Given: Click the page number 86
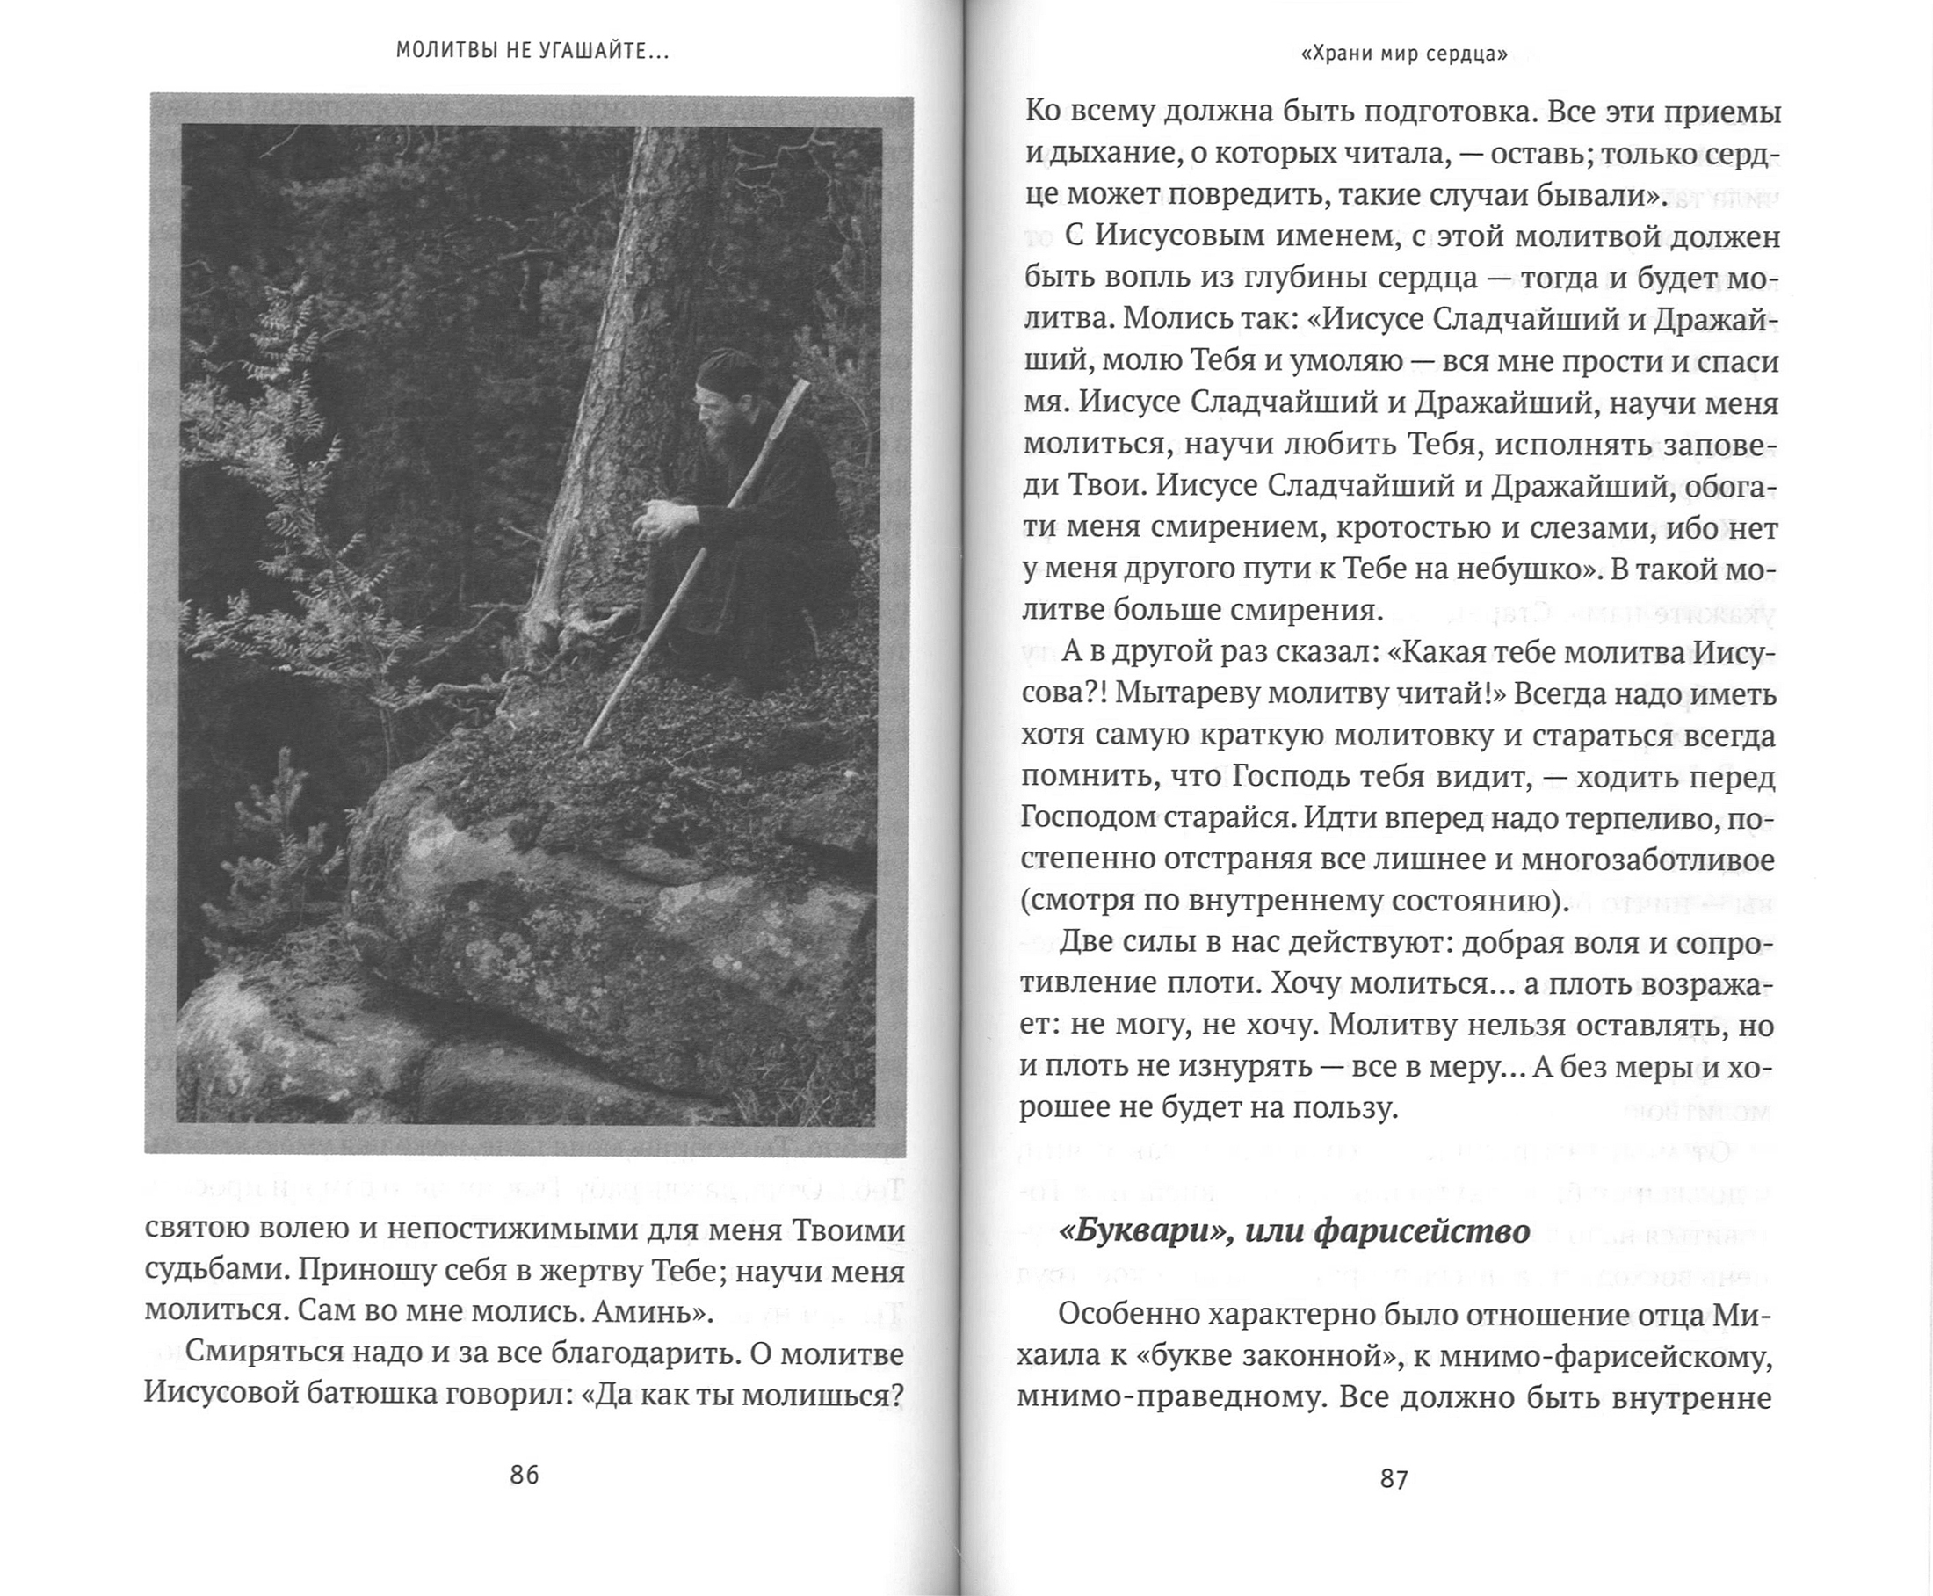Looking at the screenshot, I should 524,1476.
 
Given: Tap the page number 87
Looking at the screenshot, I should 1394,1479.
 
